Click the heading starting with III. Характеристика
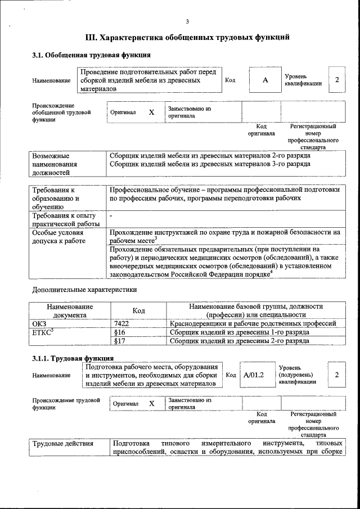pos(187,38)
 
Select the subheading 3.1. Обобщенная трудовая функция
pos(91,55)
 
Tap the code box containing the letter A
pos(265,80)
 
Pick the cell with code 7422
pos(121,323)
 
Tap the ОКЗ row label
pos(39,323)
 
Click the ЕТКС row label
pos(42,332)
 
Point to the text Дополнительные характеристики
pos(84,290)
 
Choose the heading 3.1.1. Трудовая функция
pos(73,358)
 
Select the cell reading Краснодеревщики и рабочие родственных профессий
pos(253,323)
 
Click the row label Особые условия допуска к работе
pos(59,237)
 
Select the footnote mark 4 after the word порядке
pos(271,272)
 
